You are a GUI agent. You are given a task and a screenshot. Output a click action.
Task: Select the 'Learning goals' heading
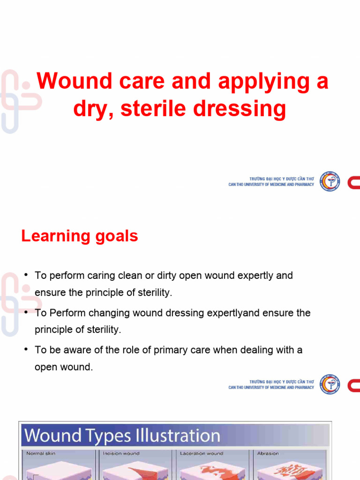click(80, 236)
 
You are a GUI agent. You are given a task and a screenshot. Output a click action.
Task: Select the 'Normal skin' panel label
click(42, 453)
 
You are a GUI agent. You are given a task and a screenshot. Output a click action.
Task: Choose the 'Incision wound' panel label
click(121, 453)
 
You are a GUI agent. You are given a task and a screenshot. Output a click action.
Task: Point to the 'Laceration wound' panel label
click(202, 453)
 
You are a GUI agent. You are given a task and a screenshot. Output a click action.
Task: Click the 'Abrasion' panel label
click(268, 453)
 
